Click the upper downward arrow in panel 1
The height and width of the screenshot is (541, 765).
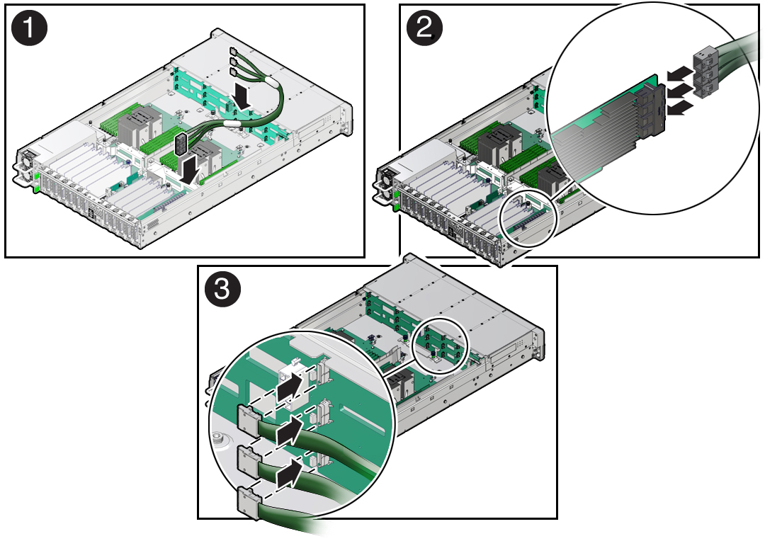243,96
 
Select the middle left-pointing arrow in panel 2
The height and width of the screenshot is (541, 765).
679,90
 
